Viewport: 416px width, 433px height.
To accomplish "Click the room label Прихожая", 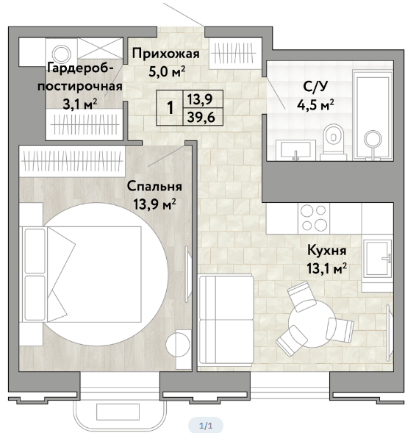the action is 165,54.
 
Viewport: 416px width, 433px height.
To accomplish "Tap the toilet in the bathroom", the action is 334,142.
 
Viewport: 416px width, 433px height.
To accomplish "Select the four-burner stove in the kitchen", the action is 314,218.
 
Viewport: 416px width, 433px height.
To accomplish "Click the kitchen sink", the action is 378,258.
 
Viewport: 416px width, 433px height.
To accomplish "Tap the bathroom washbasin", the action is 295,150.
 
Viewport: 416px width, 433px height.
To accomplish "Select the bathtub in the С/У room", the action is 373,115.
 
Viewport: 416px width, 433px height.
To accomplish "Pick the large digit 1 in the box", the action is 171,107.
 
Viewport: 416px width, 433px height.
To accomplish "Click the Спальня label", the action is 154,187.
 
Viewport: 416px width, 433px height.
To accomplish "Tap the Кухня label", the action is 327,251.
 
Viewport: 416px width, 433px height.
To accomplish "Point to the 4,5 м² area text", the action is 315,104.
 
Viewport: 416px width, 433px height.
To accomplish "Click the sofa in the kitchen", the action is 226,320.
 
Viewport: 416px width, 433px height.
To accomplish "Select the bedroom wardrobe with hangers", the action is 72,161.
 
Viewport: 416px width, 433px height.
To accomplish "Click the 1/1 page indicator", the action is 206,426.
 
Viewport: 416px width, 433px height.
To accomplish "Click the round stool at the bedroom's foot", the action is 178,345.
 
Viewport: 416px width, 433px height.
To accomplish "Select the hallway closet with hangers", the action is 235,53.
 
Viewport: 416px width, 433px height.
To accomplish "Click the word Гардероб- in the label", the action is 80,68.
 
